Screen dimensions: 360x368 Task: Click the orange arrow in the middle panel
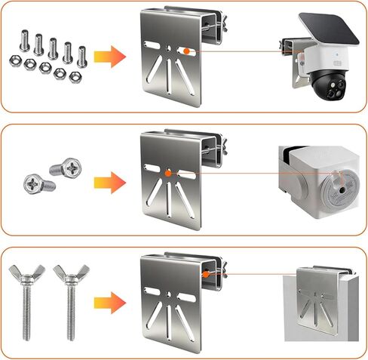coord(109,182)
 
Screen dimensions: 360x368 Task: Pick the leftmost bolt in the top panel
coord(25,40)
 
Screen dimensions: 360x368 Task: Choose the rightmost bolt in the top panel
coord(81,53)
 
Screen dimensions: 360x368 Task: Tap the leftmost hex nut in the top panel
coord(16,60)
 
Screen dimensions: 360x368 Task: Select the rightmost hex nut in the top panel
coord(75,75)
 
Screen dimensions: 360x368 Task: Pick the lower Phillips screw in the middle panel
coord(37,182)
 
